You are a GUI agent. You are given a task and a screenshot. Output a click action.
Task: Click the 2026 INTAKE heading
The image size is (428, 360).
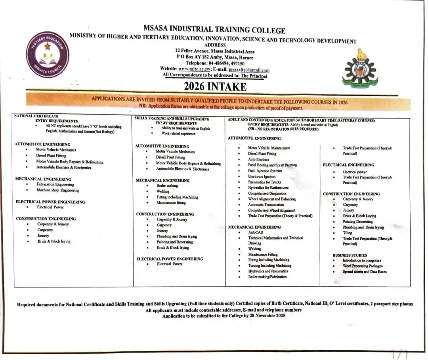(x=215, y=86)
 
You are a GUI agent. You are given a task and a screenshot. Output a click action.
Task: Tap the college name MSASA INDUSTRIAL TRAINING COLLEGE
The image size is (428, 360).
(x=214, y=30)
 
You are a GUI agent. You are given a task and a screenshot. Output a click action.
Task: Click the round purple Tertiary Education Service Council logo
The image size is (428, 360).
(x=47, y=54)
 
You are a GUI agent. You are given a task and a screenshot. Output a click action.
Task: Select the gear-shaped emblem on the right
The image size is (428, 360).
(x=360, y=68)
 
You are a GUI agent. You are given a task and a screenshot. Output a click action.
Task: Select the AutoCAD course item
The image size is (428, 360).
(x=256, y=232)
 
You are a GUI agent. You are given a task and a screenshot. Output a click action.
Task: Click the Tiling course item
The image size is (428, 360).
(x=347, y=233)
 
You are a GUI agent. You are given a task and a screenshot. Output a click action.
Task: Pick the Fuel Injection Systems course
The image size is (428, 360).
(x=265, y=171)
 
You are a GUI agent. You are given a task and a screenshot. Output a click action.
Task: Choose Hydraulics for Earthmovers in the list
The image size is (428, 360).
(x=268, y=188)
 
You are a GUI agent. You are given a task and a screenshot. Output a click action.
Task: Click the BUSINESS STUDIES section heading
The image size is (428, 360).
(x=350, y=255)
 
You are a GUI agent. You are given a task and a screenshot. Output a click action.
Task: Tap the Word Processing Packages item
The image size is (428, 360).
(x=363, y=266)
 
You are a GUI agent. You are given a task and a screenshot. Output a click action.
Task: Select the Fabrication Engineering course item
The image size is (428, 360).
(x=55, y=184)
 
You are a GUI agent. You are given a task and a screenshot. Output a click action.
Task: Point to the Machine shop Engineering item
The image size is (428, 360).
(x=58, y=190)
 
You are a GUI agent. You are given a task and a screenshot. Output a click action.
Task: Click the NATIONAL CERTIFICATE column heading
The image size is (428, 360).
(x=36, y=116)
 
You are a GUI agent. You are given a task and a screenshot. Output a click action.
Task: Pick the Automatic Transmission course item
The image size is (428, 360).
(x=266, y=205)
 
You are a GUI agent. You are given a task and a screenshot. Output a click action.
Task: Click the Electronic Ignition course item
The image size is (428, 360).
(x=262, y=176)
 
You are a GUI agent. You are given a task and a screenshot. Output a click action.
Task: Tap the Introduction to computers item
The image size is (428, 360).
(x=362, y=260)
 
